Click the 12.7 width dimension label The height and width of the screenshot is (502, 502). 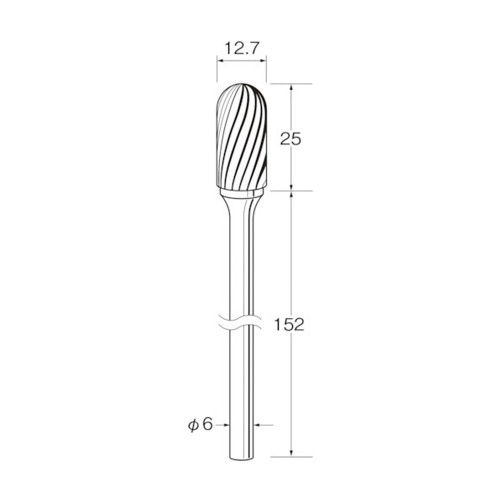242,49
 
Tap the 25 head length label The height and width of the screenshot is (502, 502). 290,139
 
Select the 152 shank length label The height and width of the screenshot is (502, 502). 289,325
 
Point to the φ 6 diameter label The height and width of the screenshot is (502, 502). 201,425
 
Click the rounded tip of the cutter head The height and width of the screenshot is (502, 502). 242,85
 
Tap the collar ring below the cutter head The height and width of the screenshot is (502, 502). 242,193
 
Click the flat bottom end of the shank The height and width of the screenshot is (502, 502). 242,459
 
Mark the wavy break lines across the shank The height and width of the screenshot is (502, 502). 240,322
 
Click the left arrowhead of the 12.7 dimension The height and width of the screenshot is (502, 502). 220,60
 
